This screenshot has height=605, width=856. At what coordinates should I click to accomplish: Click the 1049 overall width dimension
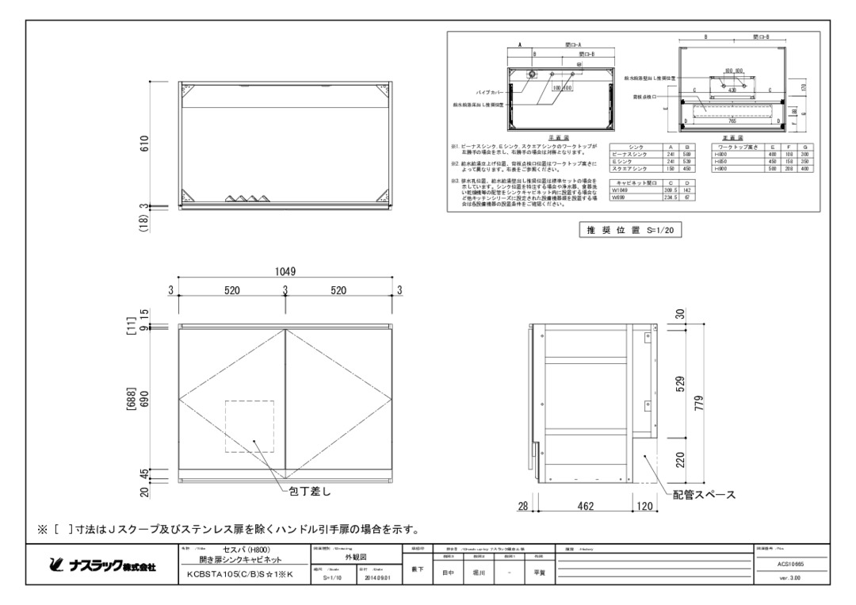click(x=285, y=271)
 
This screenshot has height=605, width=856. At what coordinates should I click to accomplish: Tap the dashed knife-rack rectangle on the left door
click(x=250, y=427)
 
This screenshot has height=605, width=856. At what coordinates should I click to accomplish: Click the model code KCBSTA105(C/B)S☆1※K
click(x=238, y=575)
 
